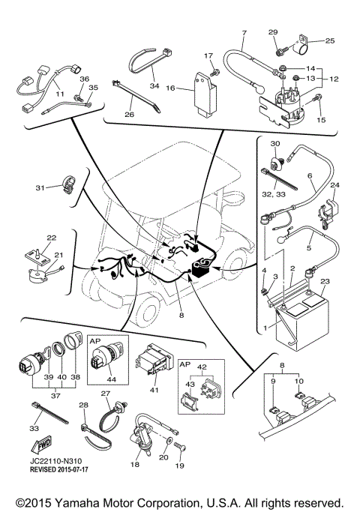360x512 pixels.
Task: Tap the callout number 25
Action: (x=329, y=40)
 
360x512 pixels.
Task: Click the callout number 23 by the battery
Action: (x=325, y=282)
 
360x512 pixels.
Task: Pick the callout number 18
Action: (x=135, y=465)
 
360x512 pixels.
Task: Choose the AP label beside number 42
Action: (x=184, y=364)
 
